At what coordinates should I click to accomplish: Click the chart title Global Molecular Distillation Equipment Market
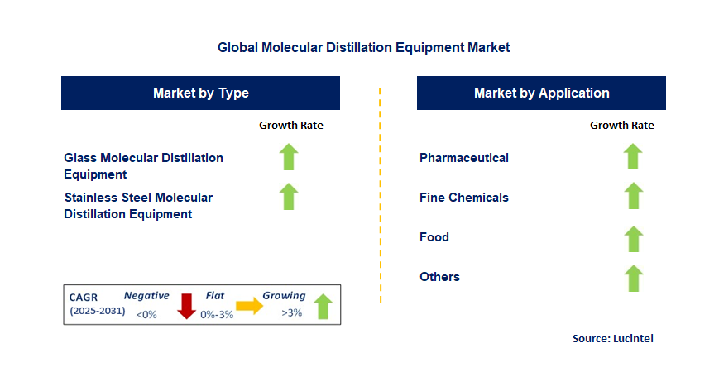[363, 48]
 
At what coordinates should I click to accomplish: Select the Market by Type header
[200, 93]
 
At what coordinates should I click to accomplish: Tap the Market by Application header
[541, 93]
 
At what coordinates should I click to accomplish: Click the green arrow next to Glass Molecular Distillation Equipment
[288, 156]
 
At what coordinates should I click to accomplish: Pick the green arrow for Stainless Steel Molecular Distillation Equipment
[288, 197]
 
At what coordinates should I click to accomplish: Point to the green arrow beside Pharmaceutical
[633, 156]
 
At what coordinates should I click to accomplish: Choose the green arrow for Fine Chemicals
[633, 196]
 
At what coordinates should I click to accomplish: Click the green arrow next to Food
[633, 238]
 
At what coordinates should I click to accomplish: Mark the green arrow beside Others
[633, 278]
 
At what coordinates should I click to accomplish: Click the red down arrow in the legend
[187, 305]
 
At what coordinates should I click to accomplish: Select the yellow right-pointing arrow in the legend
[249, 306]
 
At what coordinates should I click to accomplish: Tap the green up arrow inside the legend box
[323, 306]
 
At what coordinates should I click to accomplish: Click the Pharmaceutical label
[464, 158]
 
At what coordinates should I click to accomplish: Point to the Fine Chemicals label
[464, 198]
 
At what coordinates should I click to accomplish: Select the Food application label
[434, 237]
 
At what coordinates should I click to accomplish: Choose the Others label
[439, 277]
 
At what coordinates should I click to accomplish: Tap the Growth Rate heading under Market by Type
[291, 126]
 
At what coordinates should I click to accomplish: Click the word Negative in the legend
[146, 296]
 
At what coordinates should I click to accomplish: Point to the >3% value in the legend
[292, 314]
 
